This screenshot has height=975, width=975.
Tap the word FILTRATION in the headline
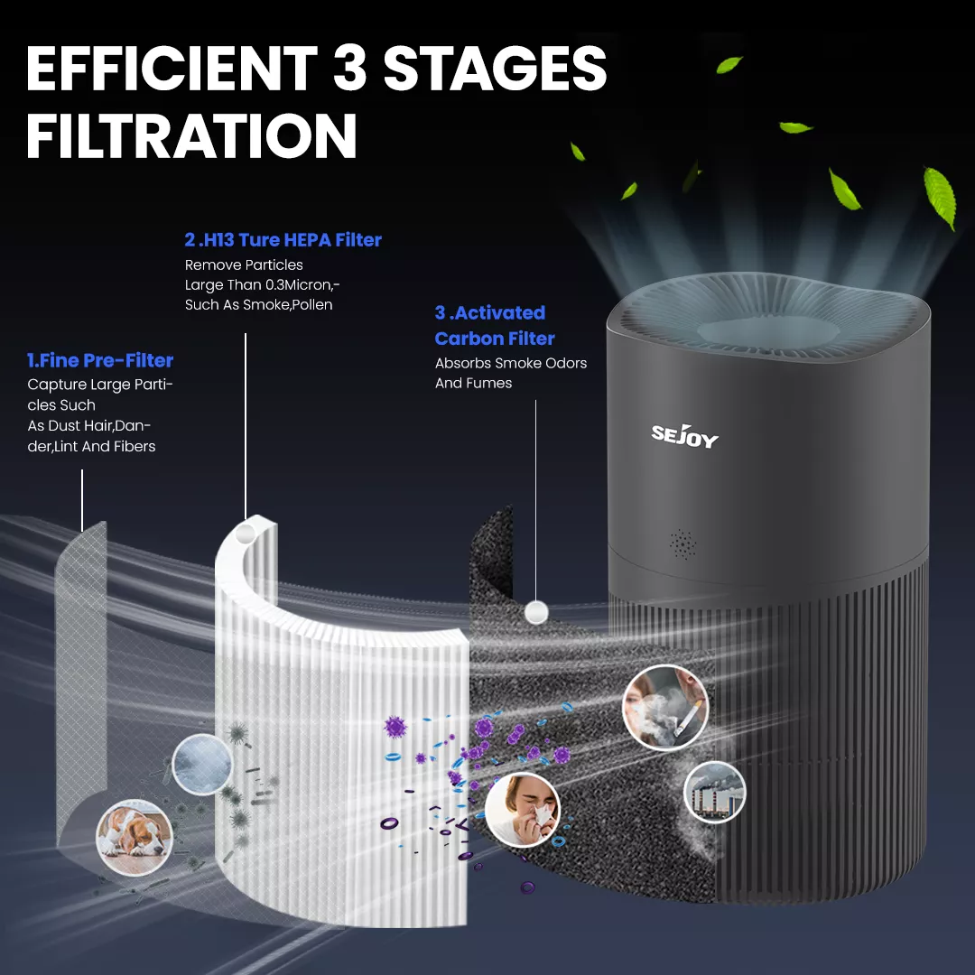[x=191, y=136]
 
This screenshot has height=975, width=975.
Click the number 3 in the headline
[x=349, y=68]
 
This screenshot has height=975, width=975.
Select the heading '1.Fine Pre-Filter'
[x=100, y=360]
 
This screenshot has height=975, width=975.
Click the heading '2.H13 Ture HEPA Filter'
[x=283, y=240]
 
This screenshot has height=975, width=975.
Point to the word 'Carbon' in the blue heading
[x=465, y=339]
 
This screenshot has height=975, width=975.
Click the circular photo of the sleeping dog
[x=134, y=837]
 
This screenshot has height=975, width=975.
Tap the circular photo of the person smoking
[x=664, y=707]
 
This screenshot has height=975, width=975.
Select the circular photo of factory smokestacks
[x=714, y=792]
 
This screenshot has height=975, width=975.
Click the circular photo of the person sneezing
[x=523, y=810]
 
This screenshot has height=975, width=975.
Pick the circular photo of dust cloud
[x=201, y=765]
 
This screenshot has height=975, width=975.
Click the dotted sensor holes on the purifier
[x=682, y=544]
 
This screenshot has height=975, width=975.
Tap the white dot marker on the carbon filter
[x=536, y=612]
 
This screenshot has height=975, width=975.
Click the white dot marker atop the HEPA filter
[x=246, y=533]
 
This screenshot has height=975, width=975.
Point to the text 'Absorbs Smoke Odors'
[x=510, y=363]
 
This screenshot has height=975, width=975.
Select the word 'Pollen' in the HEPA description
[x=313, y=305]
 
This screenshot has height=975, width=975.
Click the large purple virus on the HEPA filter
[x=395, y=726]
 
